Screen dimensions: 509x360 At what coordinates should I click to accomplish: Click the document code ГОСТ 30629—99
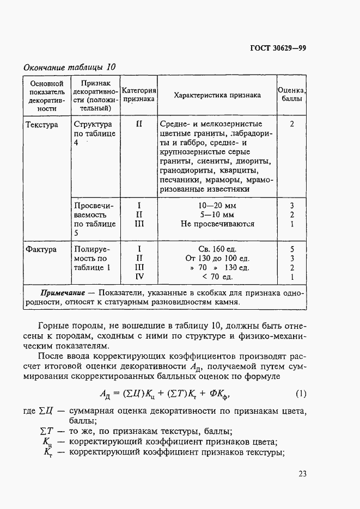tap(278, 47)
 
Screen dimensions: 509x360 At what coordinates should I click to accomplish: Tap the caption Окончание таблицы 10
tap(69, 68)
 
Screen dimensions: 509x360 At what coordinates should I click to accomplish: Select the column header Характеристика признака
tap(217, 95)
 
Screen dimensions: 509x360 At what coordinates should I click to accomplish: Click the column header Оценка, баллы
tap(292, 95)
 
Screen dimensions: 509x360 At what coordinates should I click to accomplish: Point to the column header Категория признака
tap(139, 95)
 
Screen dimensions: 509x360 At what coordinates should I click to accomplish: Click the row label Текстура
tap(42, 124)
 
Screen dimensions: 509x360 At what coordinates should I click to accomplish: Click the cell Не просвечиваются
tap(216, 224)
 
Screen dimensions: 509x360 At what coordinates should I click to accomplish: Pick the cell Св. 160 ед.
tap(216, 249)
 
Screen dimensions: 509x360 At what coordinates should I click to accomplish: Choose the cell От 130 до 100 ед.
tap(216, 258)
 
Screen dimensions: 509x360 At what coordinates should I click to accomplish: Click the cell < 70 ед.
tap(216, 277)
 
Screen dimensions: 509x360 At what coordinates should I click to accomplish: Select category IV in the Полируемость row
tap(139, 277)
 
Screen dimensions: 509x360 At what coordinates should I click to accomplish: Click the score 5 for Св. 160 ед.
tap(292, 249)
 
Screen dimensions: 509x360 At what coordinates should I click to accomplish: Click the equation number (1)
tap(301, 393)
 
